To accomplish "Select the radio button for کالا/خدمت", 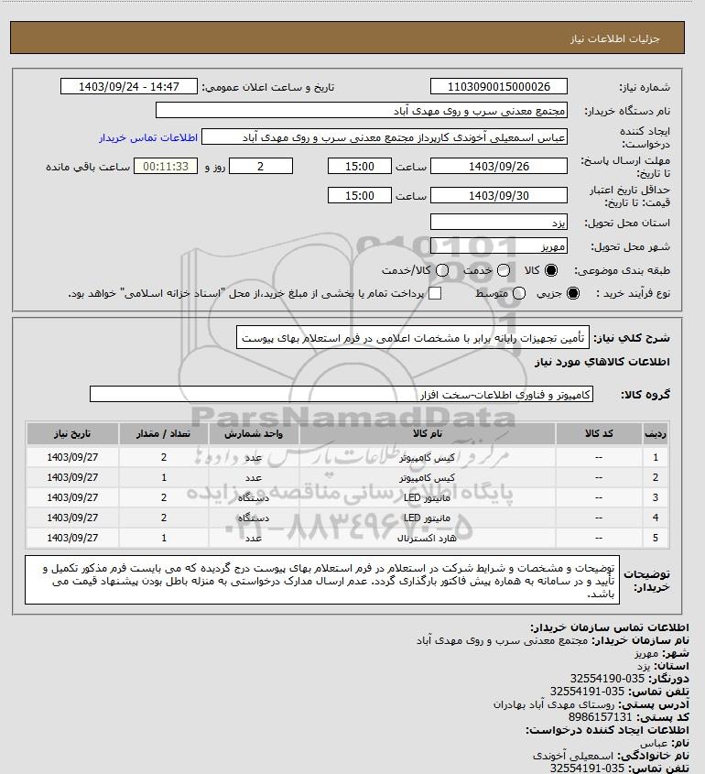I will [443, 270].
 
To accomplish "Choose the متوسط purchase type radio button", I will [519, 293].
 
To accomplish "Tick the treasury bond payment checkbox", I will [435, 293].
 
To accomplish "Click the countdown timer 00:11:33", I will [165, 166].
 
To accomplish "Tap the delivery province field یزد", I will [498, 222].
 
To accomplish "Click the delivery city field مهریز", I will [498, 245].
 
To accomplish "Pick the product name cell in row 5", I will [428, 538].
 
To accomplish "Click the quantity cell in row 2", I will [163, 477].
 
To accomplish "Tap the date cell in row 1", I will [72, 457].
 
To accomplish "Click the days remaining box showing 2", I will [261, 166].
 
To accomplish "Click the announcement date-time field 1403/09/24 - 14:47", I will [129, 87].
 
